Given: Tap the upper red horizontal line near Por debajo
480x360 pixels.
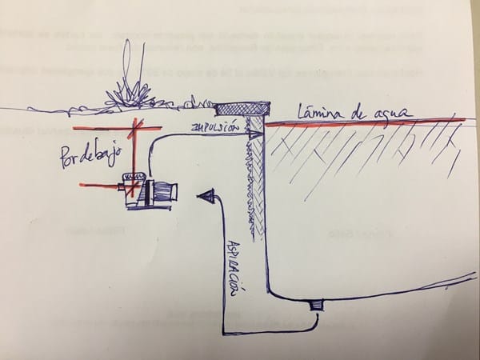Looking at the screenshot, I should (108, 129).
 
